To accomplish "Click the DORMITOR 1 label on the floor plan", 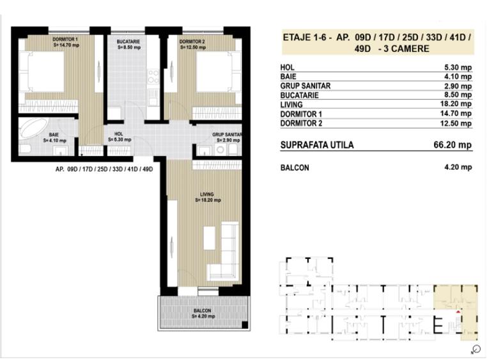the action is point(65,40).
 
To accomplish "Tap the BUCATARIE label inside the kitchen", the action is point(128,42).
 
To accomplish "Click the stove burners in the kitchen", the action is point(153,76).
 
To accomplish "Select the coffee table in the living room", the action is point(210,238).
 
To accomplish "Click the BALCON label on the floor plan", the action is point(202,311).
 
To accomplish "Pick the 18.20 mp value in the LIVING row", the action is point(456,104).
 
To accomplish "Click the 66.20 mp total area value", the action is point(452,145).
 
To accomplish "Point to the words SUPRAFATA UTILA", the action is point(317,145).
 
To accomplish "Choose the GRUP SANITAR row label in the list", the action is point(305,86).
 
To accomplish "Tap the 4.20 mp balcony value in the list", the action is point(458,167).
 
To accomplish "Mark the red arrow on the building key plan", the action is point(458,311).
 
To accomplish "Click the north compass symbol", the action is point(475,349).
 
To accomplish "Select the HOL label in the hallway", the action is point(118,134).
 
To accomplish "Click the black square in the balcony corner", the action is point(245,325).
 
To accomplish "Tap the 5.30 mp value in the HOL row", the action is point(458,67).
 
